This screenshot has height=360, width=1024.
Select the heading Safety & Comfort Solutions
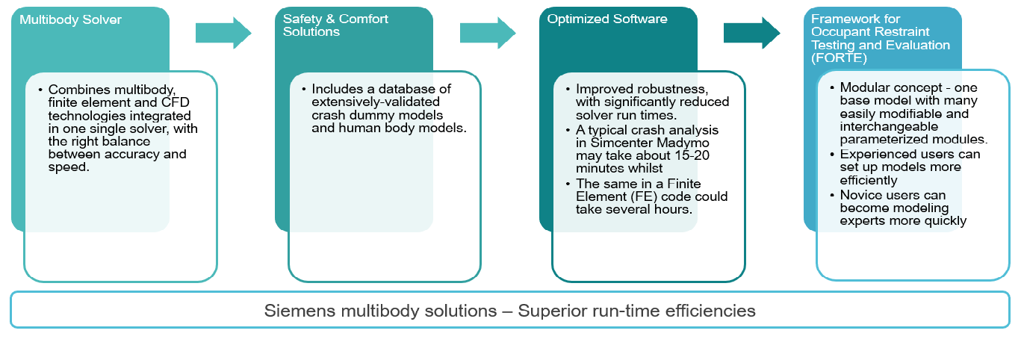[335, 25]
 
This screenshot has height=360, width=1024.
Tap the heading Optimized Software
[607, 19]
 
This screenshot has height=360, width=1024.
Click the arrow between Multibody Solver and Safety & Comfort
[223, 33]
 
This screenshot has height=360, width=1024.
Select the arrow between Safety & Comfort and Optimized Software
[488, 33]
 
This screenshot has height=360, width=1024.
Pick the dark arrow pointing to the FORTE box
[751, 33]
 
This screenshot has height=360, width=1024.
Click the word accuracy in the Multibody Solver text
[150, 155]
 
